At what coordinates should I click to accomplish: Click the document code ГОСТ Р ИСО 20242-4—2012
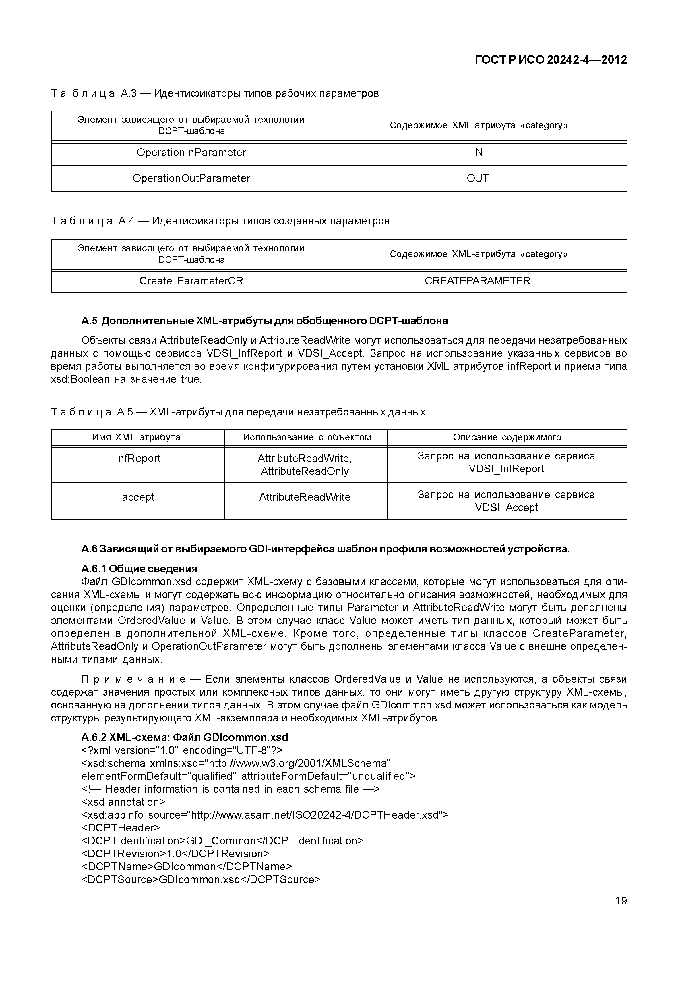[550, 60]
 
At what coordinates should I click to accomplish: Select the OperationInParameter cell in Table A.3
[191, 153]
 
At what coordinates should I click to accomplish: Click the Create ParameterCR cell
[191, 281]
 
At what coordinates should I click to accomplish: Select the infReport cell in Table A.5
[138, 459]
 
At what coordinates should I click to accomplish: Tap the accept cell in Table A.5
[138, 497]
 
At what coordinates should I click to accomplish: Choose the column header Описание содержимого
[507, 437]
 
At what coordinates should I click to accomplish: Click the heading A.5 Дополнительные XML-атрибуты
[264, 321]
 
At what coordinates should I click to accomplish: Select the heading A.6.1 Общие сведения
[139, 569]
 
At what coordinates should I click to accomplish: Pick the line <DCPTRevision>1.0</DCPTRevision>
[175, 854]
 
